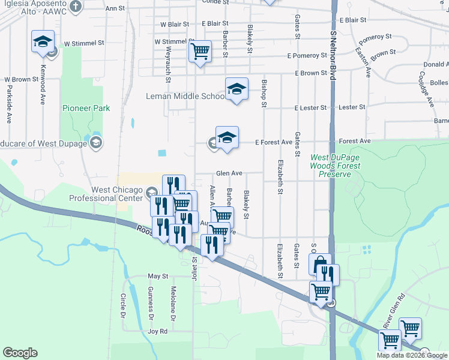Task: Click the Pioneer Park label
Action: [x=86, y=109]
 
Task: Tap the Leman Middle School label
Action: [x=185, y=96]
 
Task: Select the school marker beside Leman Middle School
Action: [x=237, y=90]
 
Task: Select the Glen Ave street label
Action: [x=229, y=173]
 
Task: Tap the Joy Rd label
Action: [x=157, y=331]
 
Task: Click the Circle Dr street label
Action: [x=122, y=305]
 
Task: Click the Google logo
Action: [x=20, y=353]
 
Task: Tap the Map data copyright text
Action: [x=412, y=355]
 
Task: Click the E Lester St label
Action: [x=310, y=107]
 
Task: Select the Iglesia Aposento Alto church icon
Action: [x=75, y=7]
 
